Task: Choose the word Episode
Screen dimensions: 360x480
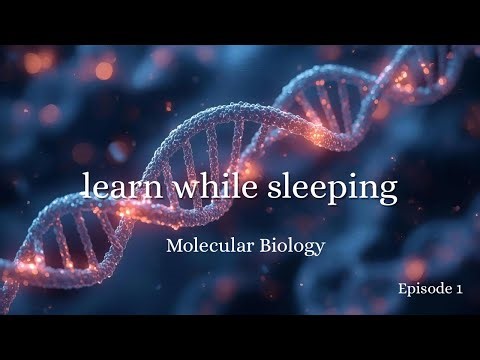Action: [x=422, y=289]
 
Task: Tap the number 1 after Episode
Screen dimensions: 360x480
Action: [x=458, y=289]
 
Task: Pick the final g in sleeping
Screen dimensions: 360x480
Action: [x=387, y=192]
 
